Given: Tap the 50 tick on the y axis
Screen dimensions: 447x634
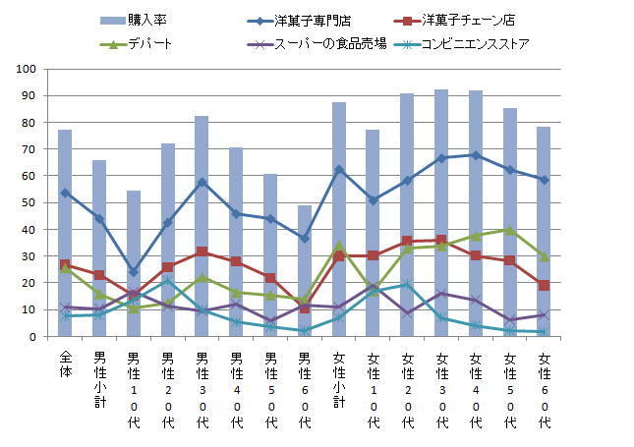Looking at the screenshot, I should click(29, 203).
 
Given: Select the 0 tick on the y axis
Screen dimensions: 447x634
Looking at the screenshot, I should click(32, 337).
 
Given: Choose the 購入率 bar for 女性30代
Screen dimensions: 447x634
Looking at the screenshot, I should click(441, 213).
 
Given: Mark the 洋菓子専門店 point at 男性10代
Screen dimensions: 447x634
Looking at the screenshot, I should click(134, 272).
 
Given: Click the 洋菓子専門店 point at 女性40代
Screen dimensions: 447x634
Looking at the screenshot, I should click(476, 155).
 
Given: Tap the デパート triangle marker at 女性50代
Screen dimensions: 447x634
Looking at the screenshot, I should click(510, 230).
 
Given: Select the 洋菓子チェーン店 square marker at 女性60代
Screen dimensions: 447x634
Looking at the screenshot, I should click(544, 285).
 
